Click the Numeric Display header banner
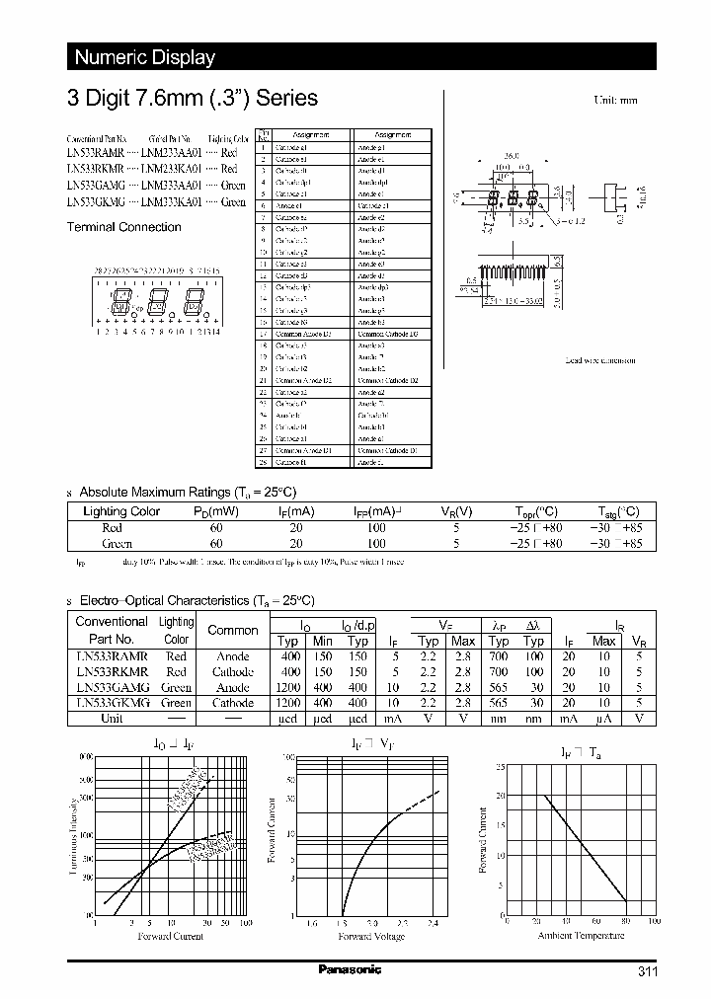coord(145,57)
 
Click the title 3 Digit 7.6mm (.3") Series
coord(192,98)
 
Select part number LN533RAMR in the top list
coord(95,154)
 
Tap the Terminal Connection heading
coord(123,227)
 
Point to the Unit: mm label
coord(615,101)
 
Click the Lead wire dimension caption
coord(600,360)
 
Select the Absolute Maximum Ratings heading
coord(187,492)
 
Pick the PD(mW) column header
coord(216,511)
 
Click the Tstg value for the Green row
coord(618,543)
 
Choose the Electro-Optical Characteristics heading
coord(197,600)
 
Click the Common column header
coord(233,630)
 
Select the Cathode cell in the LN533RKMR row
coord(233,671)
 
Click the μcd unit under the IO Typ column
coord(287,718)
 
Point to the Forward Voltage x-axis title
coord(371,936)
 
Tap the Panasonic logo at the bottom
coord(350,970)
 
